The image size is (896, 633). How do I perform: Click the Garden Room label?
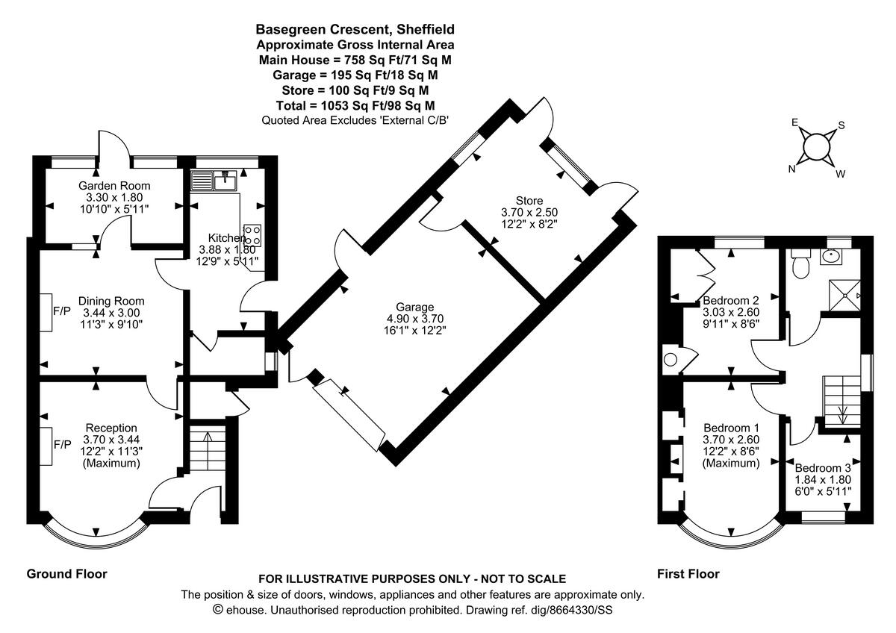click(114, 186)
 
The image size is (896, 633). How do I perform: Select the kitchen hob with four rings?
click(252, 235)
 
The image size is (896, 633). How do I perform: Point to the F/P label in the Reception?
click(62, 444)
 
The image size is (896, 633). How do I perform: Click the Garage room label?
click(415, 307)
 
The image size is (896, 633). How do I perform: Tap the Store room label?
click(529, 200)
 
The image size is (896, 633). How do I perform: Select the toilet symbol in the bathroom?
click(801, 266)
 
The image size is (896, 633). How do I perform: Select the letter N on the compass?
click(792, 169)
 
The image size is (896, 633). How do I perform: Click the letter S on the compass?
click(841, 125)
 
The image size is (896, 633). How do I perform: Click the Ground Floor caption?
click(67, 574)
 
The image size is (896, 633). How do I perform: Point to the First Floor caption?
click(688, 574)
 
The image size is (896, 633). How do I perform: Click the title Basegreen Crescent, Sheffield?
click(355, 30)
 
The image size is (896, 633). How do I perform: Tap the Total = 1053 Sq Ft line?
click(355, 105)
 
